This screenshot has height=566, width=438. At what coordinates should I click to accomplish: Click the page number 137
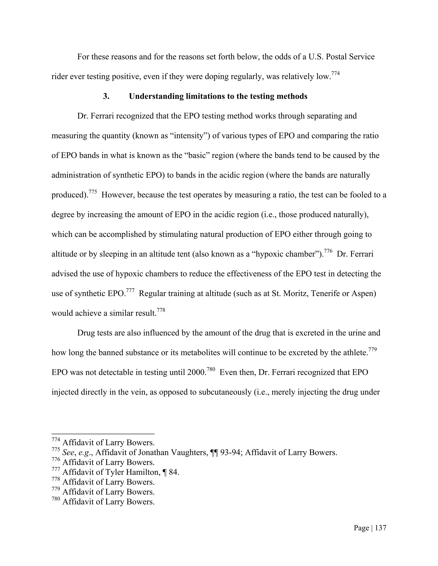click(381, 528)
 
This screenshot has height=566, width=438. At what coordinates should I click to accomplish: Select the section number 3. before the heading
click(106, 96)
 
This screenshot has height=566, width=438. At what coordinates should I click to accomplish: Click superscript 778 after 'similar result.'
click(161, 310)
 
